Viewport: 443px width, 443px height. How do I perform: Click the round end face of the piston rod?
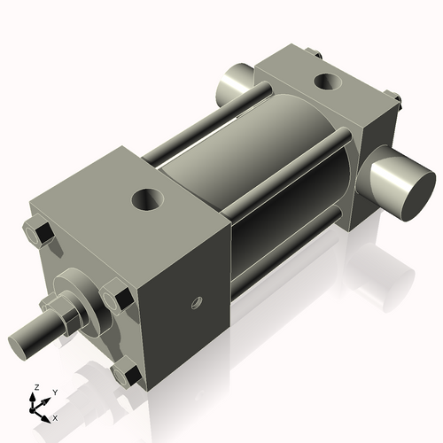pyautogui.click(x=19, y=341)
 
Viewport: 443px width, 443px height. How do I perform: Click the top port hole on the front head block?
pyautogui.click(x=146, y=198)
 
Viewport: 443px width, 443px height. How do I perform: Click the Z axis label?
pyautogui.click(x=35, y=387)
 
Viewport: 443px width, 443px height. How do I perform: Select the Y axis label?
pyautogui.click(x=54, y=391)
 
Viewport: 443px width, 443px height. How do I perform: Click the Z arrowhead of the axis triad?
pyautogui.click(x=35, y=396)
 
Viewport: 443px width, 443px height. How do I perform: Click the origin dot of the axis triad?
pyautogui.click(x=36, y=410)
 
